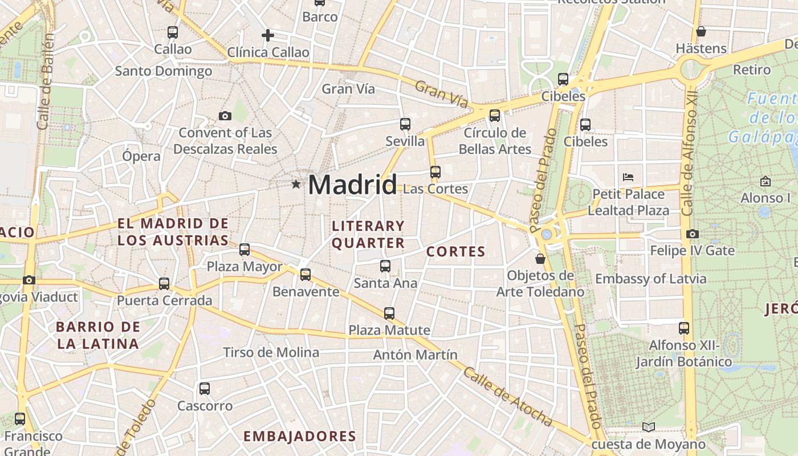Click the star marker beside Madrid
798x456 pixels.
(x=296, y=184)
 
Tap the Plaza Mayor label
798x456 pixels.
(x=245, y=267)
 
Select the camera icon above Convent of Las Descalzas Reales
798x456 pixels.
(x=225, y=116)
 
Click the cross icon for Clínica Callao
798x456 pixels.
(x=268, y=35)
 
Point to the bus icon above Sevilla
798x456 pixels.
(x=405, y=124)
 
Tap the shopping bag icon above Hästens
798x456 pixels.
(x=701, y=31)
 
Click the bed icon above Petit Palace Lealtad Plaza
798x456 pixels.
(x=629, y=177)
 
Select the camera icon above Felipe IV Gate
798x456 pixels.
(x=693, y=234)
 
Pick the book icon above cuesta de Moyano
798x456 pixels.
(x=648, y=427)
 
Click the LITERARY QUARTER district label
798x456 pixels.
(x=368, y=235)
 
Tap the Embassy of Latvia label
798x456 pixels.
(x=651, y=279)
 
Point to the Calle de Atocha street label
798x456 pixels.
(x=507, y=397)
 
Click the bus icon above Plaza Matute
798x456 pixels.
(x=389, y=313)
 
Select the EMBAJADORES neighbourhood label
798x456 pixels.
(x=300, y=437)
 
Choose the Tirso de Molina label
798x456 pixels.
(x=271, y=352)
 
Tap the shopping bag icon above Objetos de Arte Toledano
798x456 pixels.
(x=540, y=259)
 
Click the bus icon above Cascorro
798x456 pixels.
(x=205, y=389)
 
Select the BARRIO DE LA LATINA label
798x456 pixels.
(x=98, y=335)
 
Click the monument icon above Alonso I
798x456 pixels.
(x=766, y=181)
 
